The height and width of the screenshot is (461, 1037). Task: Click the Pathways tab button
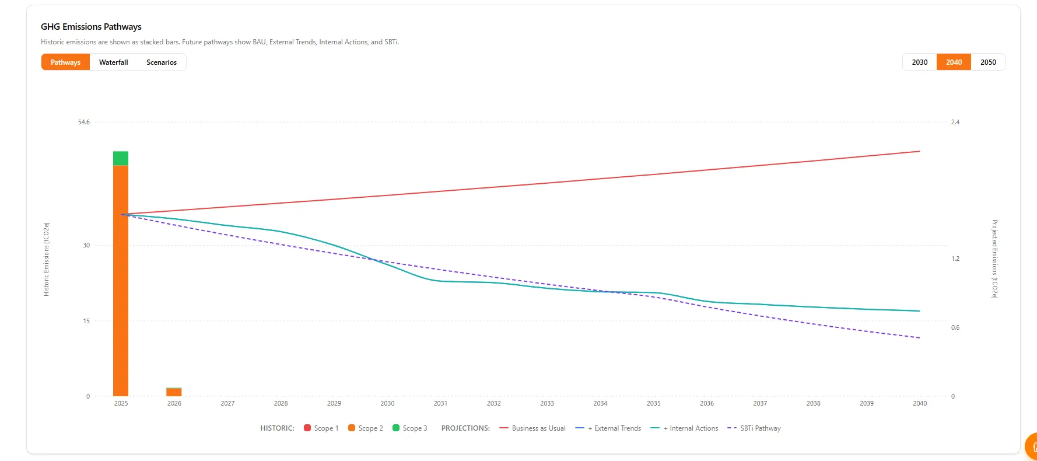pyautogui.click(x=65, y=62)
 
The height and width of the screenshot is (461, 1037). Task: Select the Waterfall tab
pyautogui.click(x=113, y=62)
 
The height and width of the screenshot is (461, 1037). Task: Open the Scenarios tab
pyautogui.click(x=162, y=62)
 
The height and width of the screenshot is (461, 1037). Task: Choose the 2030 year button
pyautogui.click(x=919, y=62)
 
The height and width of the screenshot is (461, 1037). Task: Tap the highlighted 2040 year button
pyautogui.click(x=954, y=62)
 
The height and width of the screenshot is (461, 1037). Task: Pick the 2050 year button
pyautogui.click(x=988, y=62)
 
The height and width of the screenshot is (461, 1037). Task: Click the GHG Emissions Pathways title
pyautogui.click(x=91, y=27)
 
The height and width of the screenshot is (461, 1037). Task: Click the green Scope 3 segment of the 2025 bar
pyautogui.click(x=121, y=158)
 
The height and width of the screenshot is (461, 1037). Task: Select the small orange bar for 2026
pyautogui.click(x=174, y=392)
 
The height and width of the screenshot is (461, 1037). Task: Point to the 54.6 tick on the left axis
pyautogui.click(x=84, y=123)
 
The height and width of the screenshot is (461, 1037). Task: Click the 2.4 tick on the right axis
pyautogui.click(x=955, y=123)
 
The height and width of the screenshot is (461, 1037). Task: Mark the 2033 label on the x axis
pyautogui.click(x=547, y=404)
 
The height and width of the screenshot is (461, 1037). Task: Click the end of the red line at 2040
pyautogui.click(x=919, y=152)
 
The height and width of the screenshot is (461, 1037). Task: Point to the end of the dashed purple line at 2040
pyautogui.click(x=919, y=338)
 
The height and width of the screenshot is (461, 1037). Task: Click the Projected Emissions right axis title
pyautogui.click(x=994, y=259)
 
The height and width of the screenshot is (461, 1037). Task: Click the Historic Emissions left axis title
pyautogui.click(x=47, y=259)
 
